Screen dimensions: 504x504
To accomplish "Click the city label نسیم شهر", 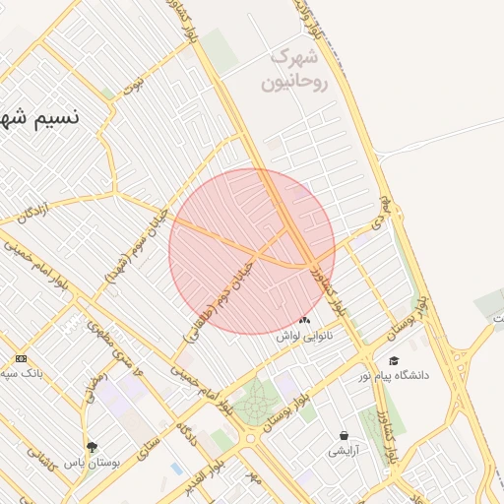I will (x=39, y=118).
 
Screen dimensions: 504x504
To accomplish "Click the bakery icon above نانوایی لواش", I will (x=304, y=321).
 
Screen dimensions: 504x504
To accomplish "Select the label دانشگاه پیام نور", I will (x=398, y=376).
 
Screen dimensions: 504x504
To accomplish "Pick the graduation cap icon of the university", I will (x=395, y=361).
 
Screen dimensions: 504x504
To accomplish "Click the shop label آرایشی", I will (x=344, y=451).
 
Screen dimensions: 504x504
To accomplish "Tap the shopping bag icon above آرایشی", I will (x=343, y=435).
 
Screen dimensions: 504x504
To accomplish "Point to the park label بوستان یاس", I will (x=92, y=462).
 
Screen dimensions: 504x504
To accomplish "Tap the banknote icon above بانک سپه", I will (x=21, y=359).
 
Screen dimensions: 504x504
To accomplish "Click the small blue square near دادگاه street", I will (x=176, y=469).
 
